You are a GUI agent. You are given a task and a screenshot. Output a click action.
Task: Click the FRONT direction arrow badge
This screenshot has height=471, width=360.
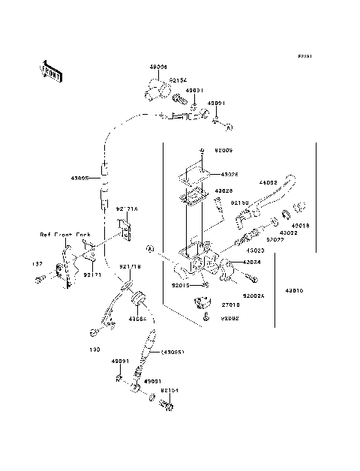click(x=49, y=70)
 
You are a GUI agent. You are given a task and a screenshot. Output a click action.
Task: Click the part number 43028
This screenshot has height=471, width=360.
click(x=223, y=192)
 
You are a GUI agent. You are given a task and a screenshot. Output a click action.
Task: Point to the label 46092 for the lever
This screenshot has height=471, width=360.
click(x=268, y=182)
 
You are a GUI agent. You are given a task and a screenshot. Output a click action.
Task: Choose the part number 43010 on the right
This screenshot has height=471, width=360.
click(x=294, y=290)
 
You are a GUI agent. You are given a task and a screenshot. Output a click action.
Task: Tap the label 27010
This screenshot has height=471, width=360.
click(x=229, y=305)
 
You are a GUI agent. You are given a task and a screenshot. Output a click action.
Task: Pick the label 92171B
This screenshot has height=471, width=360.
click(x=130, y=267)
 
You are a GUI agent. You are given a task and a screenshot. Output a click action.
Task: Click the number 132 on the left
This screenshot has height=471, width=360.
click(x=37, y=264)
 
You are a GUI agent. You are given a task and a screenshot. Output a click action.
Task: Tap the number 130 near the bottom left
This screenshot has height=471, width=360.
click(x=94, y=349)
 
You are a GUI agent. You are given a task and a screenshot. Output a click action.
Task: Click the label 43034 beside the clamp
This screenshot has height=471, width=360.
click(x=251, y=262)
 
